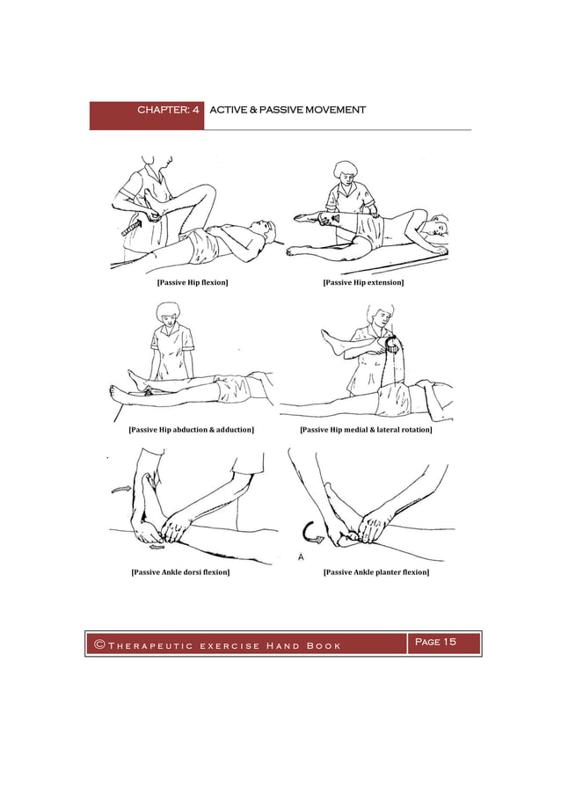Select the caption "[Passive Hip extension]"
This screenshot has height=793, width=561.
pos(363,282)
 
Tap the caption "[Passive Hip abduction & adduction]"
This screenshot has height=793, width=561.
pos(191,430)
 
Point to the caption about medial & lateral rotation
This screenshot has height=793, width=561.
pos(365,430)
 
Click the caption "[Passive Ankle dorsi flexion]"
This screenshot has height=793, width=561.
pos(180,572)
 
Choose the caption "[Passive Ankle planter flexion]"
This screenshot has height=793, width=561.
pos(376,572)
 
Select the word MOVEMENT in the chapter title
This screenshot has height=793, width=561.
pos(335,111)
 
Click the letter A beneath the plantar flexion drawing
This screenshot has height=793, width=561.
pos(301,557)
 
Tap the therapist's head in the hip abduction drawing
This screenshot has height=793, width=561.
pos(166,313)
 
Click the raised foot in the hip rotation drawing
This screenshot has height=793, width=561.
pos(328,336)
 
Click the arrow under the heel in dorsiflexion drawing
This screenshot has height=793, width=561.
pos(156,547)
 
